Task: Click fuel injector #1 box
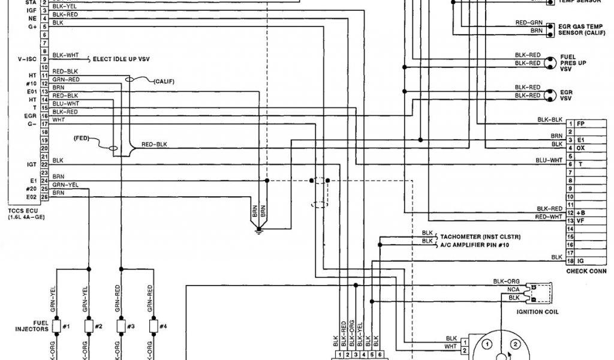[58, 326]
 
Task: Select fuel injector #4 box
[152, 326]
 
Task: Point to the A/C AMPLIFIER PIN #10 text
[474, 244]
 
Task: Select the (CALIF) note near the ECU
[164, 81]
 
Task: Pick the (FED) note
[82, 137]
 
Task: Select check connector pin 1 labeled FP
[571, 123]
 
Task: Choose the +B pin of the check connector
[571, 213]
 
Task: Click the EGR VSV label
[567, 95]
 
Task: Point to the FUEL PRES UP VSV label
[569, 62]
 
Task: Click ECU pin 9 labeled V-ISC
[44, 59]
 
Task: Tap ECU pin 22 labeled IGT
[44, 164]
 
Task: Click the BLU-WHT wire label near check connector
[549, 160]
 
